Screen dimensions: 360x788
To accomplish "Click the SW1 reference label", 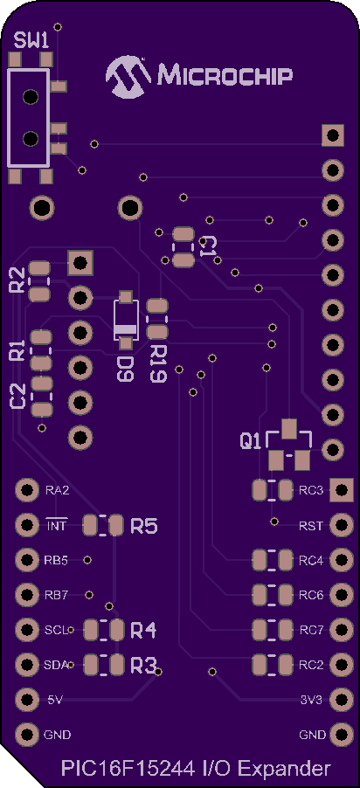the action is point(31,41).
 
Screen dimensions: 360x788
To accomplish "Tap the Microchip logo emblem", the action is point(128,76).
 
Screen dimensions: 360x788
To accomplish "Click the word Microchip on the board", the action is point(225,76).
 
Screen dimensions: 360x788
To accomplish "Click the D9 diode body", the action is point(125,320).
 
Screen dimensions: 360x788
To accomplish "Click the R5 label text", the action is point(144,526).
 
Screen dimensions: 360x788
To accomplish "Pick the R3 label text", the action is point(143,666).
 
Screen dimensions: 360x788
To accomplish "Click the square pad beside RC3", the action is point(342,489).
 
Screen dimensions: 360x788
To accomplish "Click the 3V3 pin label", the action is point(311,700).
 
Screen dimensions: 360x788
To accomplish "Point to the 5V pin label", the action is point(55,700).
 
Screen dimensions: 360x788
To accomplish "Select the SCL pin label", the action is point(55,630).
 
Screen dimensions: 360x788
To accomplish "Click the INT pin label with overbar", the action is point(56,526).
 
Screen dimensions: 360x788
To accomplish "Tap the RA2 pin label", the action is point(57,490).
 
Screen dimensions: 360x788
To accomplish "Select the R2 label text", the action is point(17,280).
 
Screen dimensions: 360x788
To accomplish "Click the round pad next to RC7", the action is point(342,629).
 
